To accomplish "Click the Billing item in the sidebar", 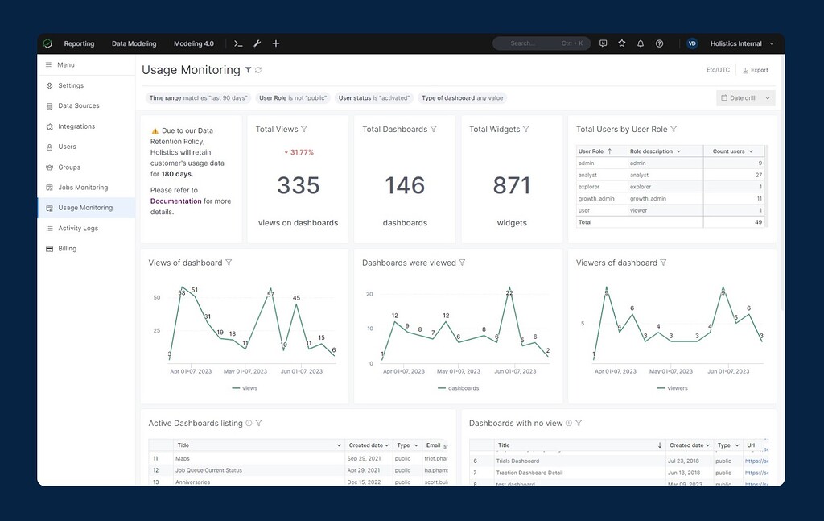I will coord(67,249).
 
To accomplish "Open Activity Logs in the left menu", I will coord(77,229).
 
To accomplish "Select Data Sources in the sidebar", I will coord(78,106).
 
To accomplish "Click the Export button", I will coord(755,71).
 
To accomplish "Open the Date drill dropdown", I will coord(746,98).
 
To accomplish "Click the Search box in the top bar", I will coord(541,43).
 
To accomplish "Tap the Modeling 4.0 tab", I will coord(193,43).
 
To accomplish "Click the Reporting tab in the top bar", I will coord(79,43).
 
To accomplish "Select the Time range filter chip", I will coord(197,98).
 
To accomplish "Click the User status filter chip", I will coord(374,98).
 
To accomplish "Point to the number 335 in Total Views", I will coord(298,185).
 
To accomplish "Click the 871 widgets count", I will coord(512,185).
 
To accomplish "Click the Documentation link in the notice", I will coord(175,201).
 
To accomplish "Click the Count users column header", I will coord(728,151).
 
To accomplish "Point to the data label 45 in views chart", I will coord(296,298).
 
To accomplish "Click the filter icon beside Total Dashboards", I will coord(434,130).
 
